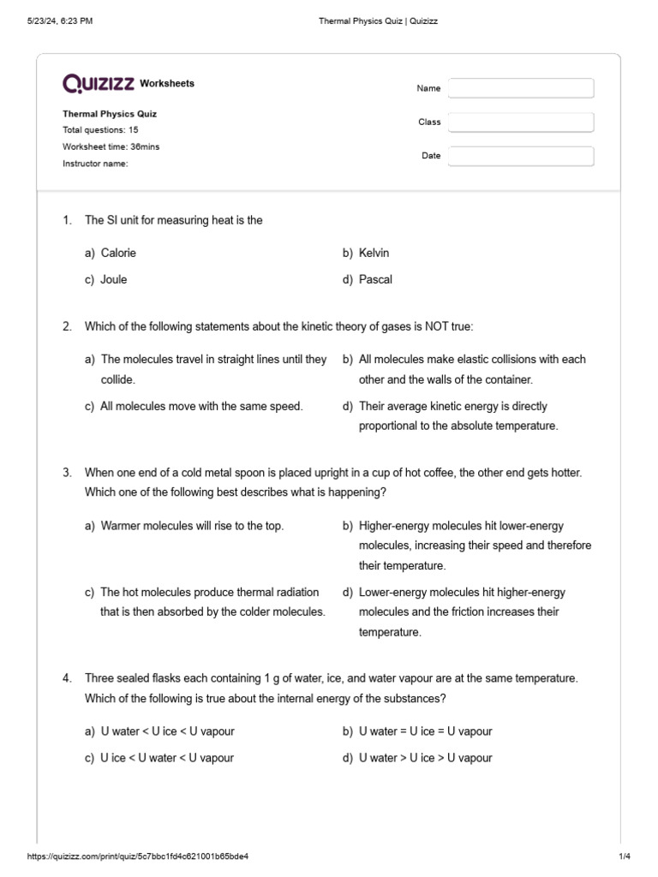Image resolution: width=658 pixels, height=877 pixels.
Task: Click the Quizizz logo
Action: click(99, 83)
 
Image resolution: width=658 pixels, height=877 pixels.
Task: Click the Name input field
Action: click(520, 88)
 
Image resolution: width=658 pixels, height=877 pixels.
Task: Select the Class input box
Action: click(520, 122)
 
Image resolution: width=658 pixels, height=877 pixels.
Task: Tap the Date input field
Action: click(520, 156)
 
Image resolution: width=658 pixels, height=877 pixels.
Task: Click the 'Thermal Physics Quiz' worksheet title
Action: click(110, 113)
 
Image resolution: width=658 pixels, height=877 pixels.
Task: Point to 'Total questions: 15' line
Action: click(100, 130)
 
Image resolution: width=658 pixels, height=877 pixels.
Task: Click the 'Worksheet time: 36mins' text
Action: click(111, 146)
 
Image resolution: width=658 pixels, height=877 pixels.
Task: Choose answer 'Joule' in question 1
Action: click(113, 279)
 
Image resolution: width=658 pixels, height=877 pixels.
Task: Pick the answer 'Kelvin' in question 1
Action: click(374, 253)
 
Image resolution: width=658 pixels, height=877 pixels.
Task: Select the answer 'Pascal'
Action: click(375, 279)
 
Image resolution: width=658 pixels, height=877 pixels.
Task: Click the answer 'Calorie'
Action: click(118, 253)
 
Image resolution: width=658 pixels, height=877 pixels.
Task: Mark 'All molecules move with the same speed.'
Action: click(201, 406)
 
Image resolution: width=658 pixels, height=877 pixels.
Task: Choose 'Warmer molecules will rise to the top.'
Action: click(192, 526)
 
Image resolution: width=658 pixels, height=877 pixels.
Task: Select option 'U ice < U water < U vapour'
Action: click(167, 757)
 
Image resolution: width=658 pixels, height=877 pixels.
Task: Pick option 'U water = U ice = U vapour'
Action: click(425, 731)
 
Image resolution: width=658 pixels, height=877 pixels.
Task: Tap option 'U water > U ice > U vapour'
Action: click(425, 757)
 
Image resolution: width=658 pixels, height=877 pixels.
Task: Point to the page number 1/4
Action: click(624, 856)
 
